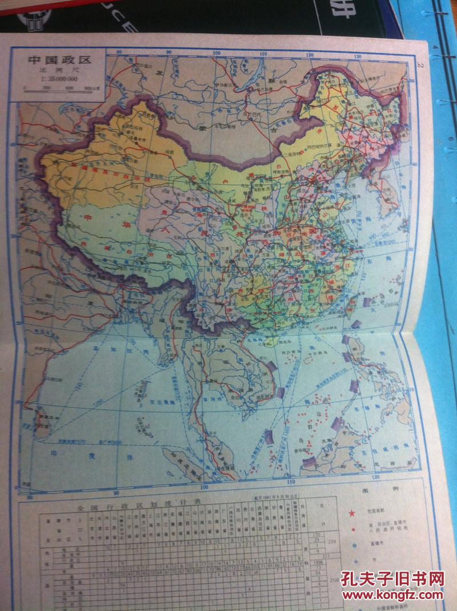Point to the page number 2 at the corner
419,66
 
